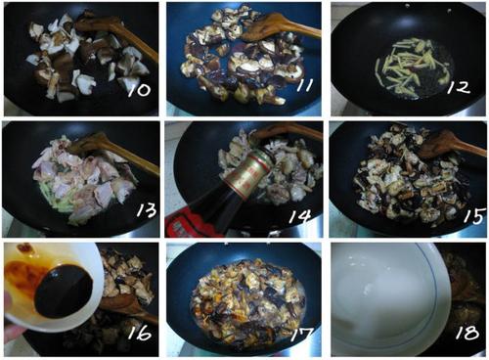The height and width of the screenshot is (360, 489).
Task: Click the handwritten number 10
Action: [x=139, y=90]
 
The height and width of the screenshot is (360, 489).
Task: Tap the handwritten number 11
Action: [x=304, y=85]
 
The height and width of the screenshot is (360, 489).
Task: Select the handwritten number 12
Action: [x=460, y=87]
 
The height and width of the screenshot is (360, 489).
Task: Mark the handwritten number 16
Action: [x=140, y=332]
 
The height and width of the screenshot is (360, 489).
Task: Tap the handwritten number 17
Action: [x=302, y=334]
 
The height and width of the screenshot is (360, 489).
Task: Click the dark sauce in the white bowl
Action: [x=64, y=292]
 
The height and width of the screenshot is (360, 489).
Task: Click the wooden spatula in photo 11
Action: [x=282, y=27]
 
